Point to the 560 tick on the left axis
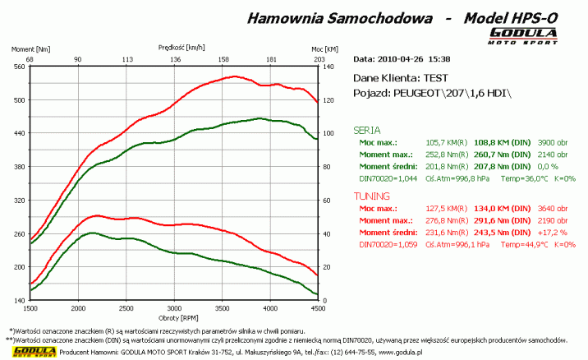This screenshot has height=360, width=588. [19, 67]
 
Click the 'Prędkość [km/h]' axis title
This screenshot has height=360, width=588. [174, 48]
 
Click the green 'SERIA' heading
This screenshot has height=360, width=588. [366, 130]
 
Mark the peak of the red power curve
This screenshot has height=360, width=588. [235, 76]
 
